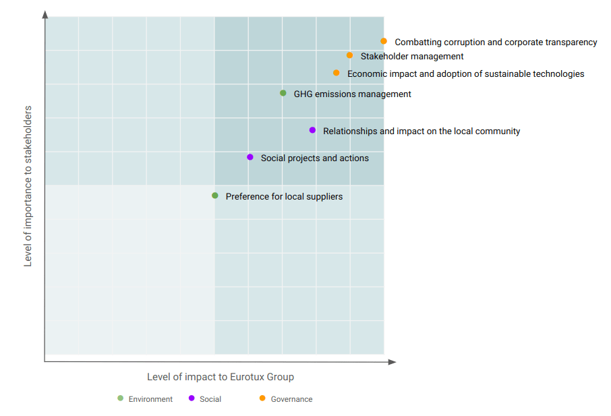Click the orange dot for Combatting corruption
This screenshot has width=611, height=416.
point(384,41)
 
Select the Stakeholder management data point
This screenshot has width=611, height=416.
point(349,55)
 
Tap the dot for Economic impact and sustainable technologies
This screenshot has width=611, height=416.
point(337,73)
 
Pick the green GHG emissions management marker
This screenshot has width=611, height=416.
point(283,93)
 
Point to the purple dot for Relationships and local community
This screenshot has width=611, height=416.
point(312,130)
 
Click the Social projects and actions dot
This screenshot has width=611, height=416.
point(250,157)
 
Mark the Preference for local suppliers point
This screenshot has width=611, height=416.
point(215,196)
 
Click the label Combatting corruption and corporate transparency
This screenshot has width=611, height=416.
point(496,42)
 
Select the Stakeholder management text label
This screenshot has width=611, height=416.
point(412,57)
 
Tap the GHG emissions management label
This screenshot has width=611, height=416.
point(352,94)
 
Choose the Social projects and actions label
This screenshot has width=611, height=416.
point(315,158)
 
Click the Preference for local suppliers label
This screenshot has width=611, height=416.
point(284,197)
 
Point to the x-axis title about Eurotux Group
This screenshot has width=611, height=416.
point(221,377)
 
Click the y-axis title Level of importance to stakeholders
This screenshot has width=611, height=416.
point(28,185)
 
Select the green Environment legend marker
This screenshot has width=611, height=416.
point(121,398)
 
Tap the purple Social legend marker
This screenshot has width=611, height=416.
point(192,398)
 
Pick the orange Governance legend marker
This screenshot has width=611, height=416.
point(262,398)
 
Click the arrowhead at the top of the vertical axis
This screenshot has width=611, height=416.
point(45,14)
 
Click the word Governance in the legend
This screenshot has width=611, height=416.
point(291,399)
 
